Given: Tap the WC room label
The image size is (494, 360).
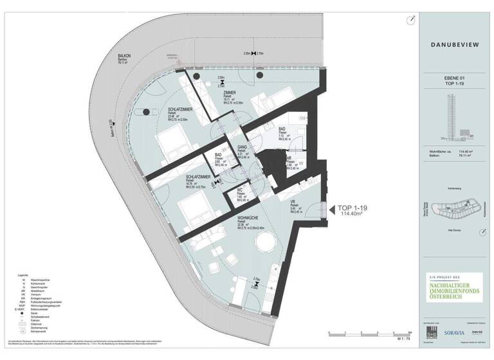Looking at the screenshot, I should (x=239, y=191).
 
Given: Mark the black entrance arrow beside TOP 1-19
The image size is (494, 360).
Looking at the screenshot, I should (x=324, y=209).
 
